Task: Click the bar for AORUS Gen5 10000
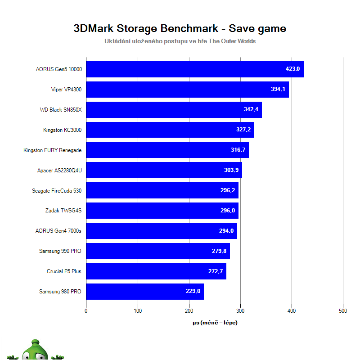click(x=194, y=69)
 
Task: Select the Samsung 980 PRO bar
click(x=144, y=292)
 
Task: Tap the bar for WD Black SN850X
click(x=174, y=110)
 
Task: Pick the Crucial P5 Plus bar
click(x=156, y=271)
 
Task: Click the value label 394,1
click(x=278, y=90)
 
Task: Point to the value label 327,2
click(x=243, y=130)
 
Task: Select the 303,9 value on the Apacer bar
click(x=231, y=171)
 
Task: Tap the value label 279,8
click(x=219, y=251)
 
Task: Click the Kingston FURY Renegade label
click(x=52, y=150)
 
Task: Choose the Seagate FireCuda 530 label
click(x=57, y=191)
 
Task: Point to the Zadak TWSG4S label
click(x=63, y=211)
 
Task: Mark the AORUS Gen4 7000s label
click(x=58, y=231)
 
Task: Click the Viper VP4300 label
click(x=66, y=90)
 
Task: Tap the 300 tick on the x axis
click(x=240, y=310)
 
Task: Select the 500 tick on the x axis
click(x=343, y=310)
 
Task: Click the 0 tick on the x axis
click(x=86, y=310)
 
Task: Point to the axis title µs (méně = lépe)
click(x=215, y=323)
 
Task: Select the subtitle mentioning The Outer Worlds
click(x=180, y=41)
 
